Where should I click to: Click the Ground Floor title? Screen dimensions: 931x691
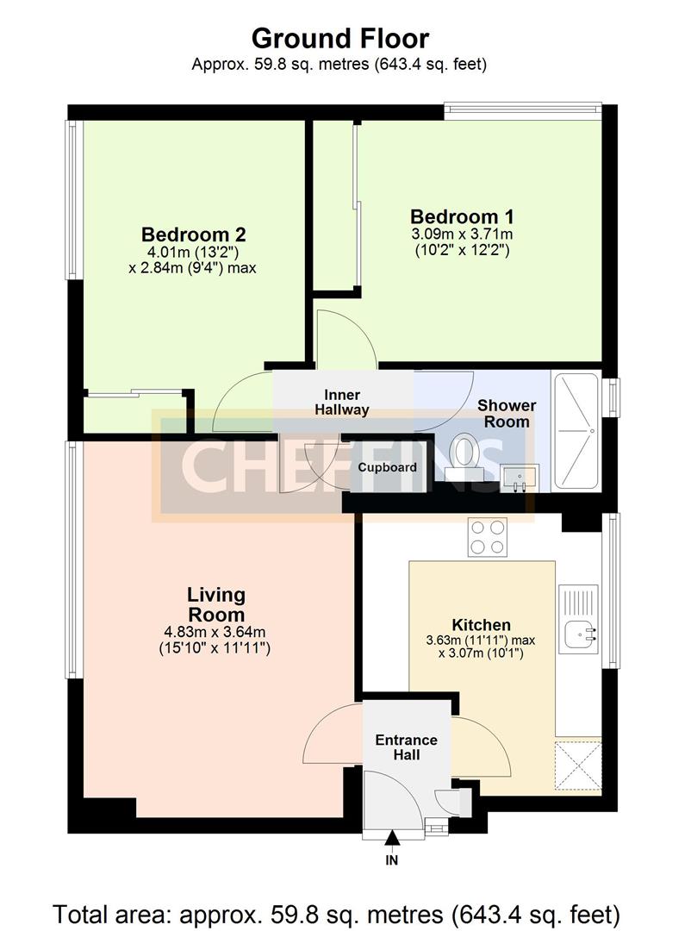click(x=339, y=38)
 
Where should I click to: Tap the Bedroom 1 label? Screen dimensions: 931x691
click(x=462, y=216)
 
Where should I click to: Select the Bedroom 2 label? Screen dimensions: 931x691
click(x=194, y=234)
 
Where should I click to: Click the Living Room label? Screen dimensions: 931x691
click(x=216, y=604)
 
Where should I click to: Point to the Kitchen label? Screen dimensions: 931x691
click(x=481, y=625)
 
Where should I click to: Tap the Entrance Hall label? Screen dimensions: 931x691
click(x=407, y=747)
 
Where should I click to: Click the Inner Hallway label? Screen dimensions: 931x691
click(x=342, y=403)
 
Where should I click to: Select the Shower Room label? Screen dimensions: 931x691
click(x=507, y=413)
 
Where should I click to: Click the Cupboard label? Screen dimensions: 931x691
click(x=388, y=467)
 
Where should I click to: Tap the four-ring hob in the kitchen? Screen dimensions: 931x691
click(x=488, y=536)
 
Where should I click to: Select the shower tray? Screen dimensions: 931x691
click(x=580, y=430)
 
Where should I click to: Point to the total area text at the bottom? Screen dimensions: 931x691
click(x=336, y=913)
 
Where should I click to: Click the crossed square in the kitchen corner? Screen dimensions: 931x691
click(x=577, y=765)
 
